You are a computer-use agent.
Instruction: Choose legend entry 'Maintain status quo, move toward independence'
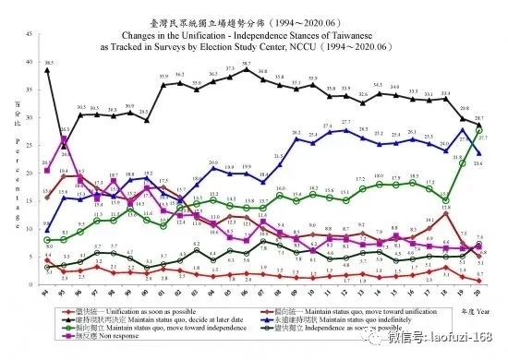pyautogui.click(x=138, y=330)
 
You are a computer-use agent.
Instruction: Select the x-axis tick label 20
pyautogui.click(x=479, y=293)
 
